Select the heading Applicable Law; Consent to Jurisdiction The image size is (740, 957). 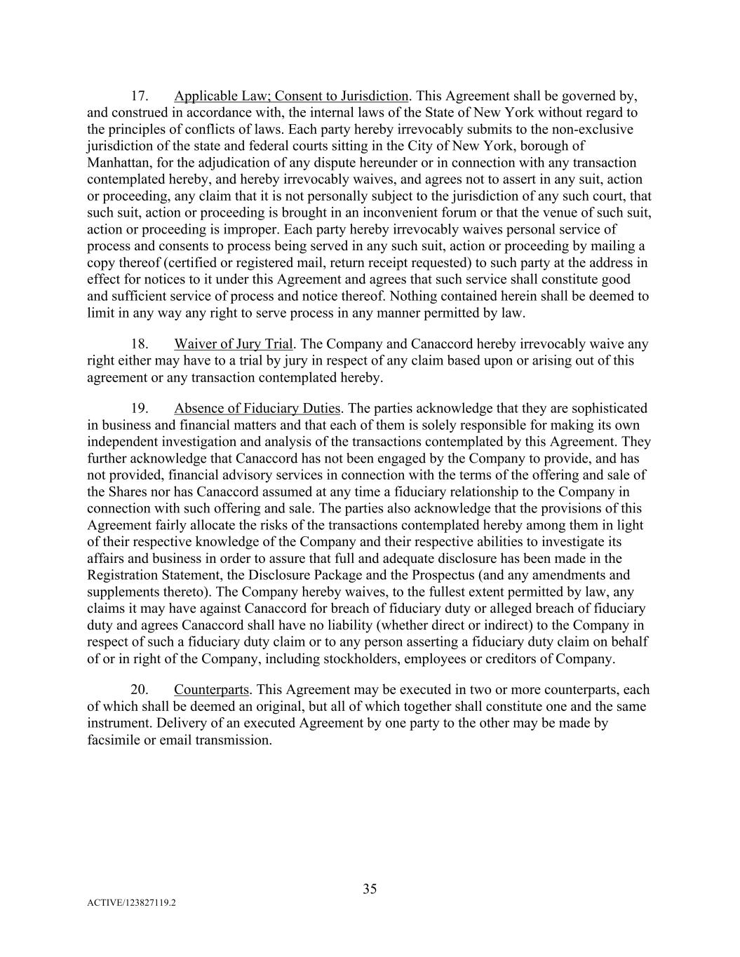pyautogui.click(x=291, y=96)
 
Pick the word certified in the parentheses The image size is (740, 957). pyautogui.click(x=172, y=263)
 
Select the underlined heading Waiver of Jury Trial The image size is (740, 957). pyautogui.click(x=234, y=344)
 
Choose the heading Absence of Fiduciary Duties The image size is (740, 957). pyautogui.click(x=257, y=409)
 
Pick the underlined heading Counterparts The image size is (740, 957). pyautogui.click(x=211, y=690)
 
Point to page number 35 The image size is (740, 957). pyautogui.click(x=370, y=890)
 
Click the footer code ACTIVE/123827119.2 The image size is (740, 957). pyautogui.click(x=131, y=904)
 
